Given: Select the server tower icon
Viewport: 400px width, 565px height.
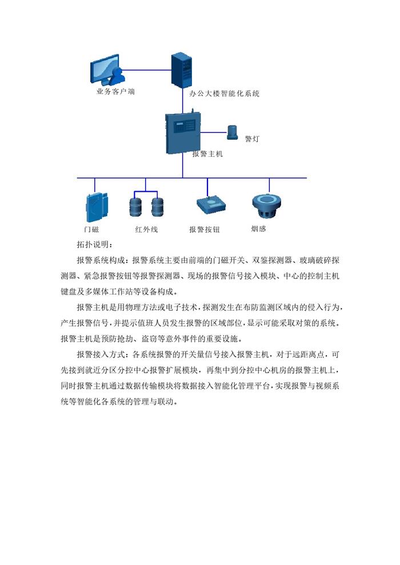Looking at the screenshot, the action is [181, 70].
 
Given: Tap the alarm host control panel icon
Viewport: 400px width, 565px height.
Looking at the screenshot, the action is [182, 132].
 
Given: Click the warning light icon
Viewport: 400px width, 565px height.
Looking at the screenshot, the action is [233, 132].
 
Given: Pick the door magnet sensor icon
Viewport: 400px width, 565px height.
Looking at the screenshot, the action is [97, 207].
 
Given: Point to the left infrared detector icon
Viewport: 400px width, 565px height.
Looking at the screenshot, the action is [135, 207].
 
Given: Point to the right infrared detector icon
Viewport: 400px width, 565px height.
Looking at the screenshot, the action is [158, 207].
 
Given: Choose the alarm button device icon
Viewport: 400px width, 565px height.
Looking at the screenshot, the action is [211, 205].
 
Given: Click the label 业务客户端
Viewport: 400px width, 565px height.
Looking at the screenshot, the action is [115, 91].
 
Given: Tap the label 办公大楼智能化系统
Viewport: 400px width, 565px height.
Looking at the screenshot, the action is [225, 94].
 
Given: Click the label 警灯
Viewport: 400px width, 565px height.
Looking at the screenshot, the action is [252, 139].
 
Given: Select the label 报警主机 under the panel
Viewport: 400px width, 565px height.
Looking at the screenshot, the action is [207, 154].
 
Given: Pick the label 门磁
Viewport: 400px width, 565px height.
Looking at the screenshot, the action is [91, 229].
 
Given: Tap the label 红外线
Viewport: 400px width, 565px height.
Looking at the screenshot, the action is [146, 229].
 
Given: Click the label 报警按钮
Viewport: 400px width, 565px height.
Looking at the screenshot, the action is [205, 229].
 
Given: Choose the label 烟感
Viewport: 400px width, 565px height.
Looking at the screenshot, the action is [259, 228].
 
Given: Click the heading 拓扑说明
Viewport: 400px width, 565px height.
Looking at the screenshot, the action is [95, 245].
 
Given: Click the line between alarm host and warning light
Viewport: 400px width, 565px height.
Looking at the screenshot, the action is [214, 132].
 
